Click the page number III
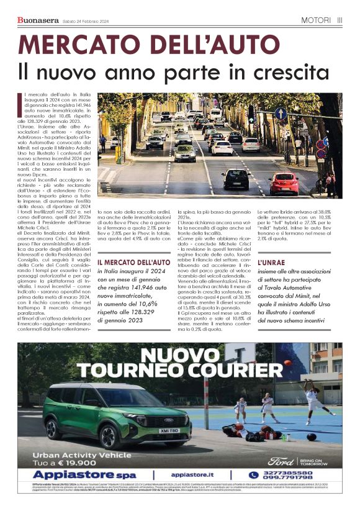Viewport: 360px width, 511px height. coord(340,20)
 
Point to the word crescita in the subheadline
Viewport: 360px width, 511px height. coord(289,72)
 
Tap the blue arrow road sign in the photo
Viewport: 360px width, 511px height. coord(281,114)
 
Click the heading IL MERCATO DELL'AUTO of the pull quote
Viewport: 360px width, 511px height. coord(133,263)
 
